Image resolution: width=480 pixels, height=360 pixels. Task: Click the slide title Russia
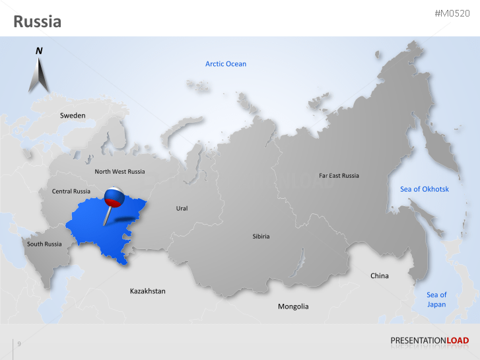(38, 22)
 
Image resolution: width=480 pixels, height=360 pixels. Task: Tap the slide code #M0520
(452, 13)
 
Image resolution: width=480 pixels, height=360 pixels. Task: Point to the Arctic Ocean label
(226, 64)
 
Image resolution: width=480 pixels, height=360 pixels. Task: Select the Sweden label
(73, 116)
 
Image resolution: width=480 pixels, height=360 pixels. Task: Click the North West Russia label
(120, 172)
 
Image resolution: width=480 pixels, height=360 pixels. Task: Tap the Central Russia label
(71, 192)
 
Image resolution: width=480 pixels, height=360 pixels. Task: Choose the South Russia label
(44, 244)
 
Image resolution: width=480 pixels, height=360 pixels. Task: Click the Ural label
(182, 209)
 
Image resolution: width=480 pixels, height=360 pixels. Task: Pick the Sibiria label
(261, 236)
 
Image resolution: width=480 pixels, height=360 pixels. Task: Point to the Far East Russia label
(339, 176)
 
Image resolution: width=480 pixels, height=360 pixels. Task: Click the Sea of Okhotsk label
(425, 190)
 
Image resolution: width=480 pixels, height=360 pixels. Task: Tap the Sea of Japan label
(436, 300)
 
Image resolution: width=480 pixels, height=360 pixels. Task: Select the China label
(380, 275)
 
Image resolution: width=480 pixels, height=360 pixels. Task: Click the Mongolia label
(293, 306)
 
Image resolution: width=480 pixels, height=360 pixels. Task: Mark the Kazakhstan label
(148, 291)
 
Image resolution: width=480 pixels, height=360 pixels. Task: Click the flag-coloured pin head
(114, 196)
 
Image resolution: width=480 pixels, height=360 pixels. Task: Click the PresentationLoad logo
(429, 341)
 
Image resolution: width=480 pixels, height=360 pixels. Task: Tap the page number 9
(19, 343)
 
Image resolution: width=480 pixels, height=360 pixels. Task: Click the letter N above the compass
(39, 51)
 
